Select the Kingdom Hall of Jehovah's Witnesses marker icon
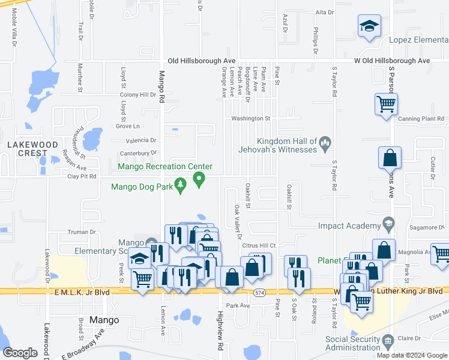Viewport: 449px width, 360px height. click(x=325, y=142)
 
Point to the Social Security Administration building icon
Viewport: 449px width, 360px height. click(x=388, y=343)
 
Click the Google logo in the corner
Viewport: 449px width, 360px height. click(x=19, y=353)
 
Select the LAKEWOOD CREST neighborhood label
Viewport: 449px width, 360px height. click(x=32, y=149)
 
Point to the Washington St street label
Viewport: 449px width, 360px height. click(x=252, y=119)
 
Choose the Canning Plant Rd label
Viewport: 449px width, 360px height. click(x=420, y=119)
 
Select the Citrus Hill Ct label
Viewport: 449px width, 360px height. click(x=258, y=245)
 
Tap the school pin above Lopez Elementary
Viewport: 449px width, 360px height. click(x=369, y=27)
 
